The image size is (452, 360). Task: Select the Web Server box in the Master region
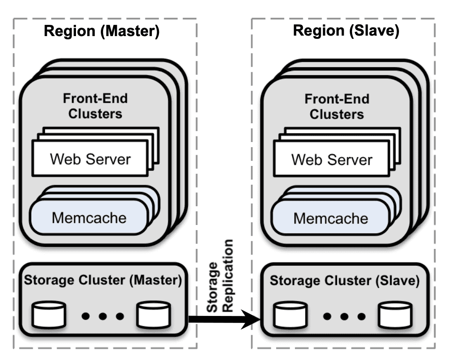pyautogui.click(x=90, y=159)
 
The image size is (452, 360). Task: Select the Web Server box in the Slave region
pyautogui.click(x=331, y=159)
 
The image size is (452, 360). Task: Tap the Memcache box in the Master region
pyautogui.click(x=89, y=217)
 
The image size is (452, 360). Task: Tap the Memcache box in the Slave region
pyautogui.click(x=331, y=217)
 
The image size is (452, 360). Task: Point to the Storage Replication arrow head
pyautogui.click(x=256, y=320)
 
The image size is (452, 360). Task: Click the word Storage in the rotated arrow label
pyautogui.click(x=213, y=285)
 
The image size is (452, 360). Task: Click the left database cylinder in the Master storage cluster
pyautogui.click(x=49, y=315)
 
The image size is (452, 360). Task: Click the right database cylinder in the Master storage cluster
pyautogui.click(x=153, y=315)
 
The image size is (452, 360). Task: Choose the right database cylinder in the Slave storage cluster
pyautogui.click(x=395, y=315)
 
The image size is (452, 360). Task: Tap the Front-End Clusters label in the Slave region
pyautogui.click(x=337, y=106)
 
